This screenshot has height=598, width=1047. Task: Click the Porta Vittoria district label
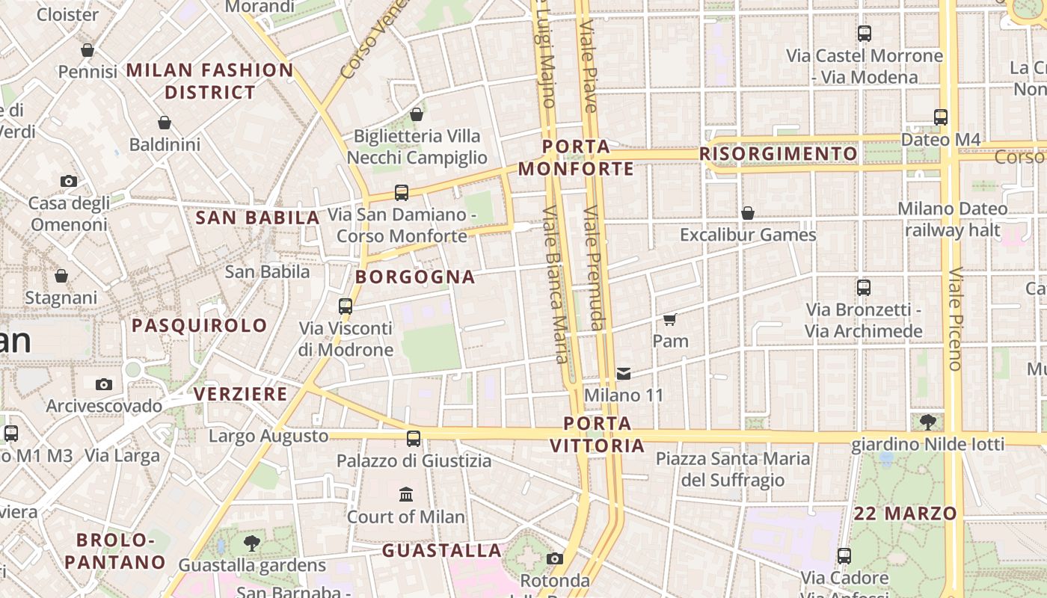point(597,435)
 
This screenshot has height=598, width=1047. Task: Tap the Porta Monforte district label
point(576,158)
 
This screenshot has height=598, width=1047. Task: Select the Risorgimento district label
point(779,154)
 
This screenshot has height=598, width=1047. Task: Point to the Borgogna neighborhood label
point(415,277)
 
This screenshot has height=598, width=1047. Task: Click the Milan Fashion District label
point(210,81)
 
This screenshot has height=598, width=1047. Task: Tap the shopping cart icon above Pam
point(669,320)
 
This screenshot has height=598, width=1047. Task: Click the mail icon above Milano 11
point(624,373)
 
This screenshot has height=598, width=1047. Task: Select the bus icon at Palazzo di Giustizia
point(414,439)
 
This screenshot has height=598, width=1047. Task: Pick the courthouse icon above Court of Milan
point(406,494)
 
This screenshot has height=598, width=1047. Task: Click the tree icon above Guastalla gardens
point(252,543)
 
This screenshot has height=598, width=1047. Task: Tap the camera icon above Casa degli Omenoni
point(68,181)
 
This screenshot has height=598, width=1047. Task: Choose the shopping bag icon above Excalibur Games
point(747,213)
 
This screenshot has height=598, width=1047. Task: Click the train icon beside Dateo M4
point(941,117)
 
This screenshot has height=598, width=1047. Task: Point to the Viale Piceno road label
point(955,319)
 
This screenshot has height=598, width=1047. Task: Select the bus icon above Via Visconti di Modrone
point(345,306)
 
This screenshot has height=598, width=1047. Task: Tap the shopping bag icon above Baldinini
point(165,123)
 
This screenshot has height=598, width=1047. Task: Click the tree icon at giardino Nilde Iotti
point(928,422)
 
